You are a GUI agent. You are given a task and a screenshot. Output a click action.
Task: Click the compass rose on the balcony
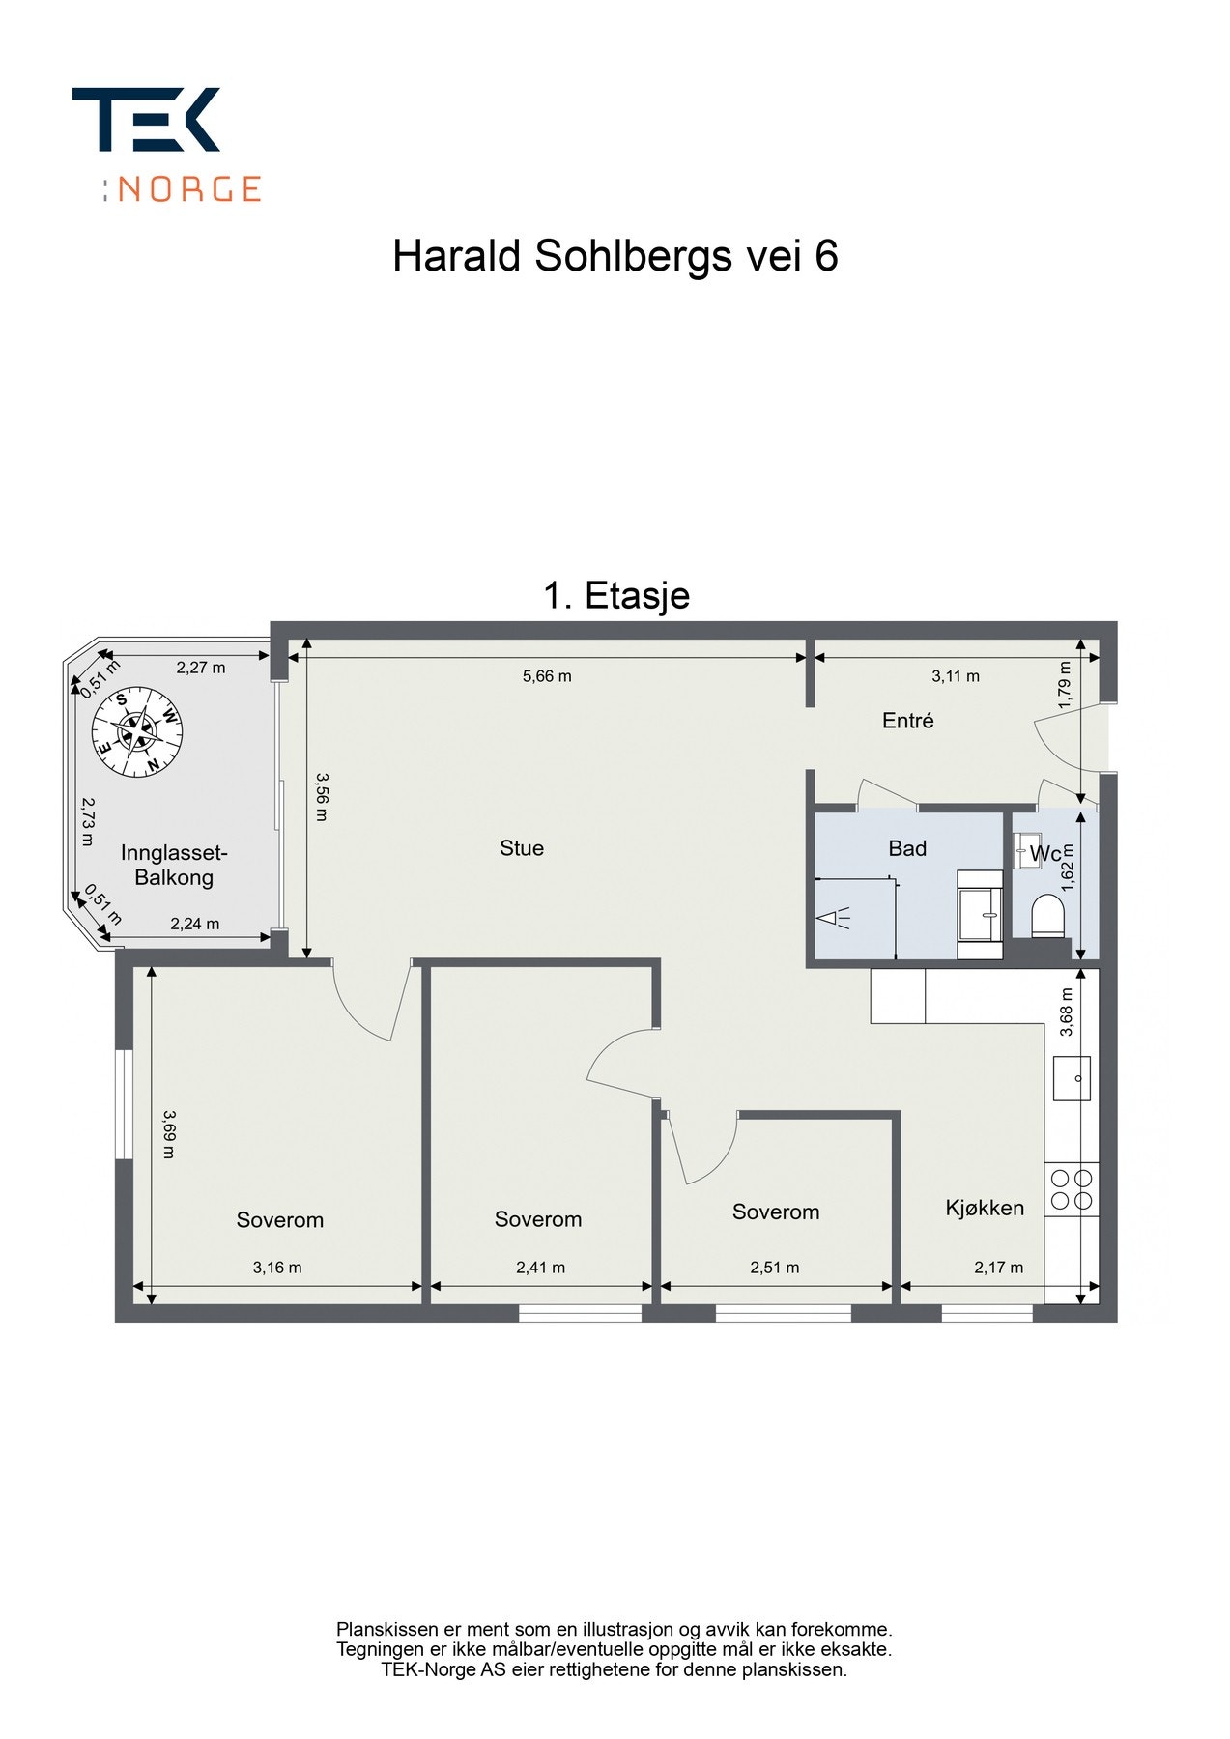(136, 731)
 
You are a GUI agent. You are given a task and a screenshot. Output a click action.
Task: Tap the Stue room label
(521, 848)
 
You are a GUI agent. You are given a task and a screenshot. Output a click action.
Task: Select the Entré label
(907, 721)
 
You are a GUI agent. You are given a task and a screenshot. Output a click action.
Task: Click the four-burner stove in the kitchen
(1072, 1189)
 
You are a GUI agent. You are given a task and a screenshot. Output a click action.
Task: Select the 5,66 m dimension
(547, 676)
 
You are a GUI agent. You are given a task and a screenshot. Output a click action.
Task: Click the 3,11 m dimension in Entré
(955, 676)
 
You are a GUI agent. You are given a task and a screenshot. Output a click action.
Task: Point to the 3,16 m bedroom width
(277, 1268)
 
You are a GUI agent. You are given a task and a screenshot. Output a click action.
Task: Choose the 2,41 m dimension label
(540, 1268)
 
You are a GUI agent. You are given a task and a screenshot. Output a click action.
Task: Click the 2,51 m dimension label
(774, 1268)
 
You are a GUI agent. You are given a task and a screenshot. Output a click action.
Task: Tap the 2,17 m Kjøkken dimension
(998, 1268)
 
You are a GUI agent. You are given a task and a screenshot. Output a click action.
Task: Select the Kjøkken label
(984, 1208)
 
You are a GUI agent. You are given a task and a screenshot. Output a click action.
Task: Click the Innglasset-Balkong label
(174, 866)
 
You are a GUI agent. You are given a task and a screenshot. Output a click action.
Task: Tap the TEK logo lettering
(146, 120)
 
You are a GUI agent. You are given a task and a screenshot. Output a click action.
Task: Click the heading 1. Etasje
(616, 595)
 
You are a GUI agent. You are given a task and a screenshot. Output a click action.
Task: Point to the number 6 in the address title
(826, 257)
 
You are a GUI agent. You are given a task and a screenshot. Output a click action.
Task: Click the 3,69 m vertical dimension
(168, 1133)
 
